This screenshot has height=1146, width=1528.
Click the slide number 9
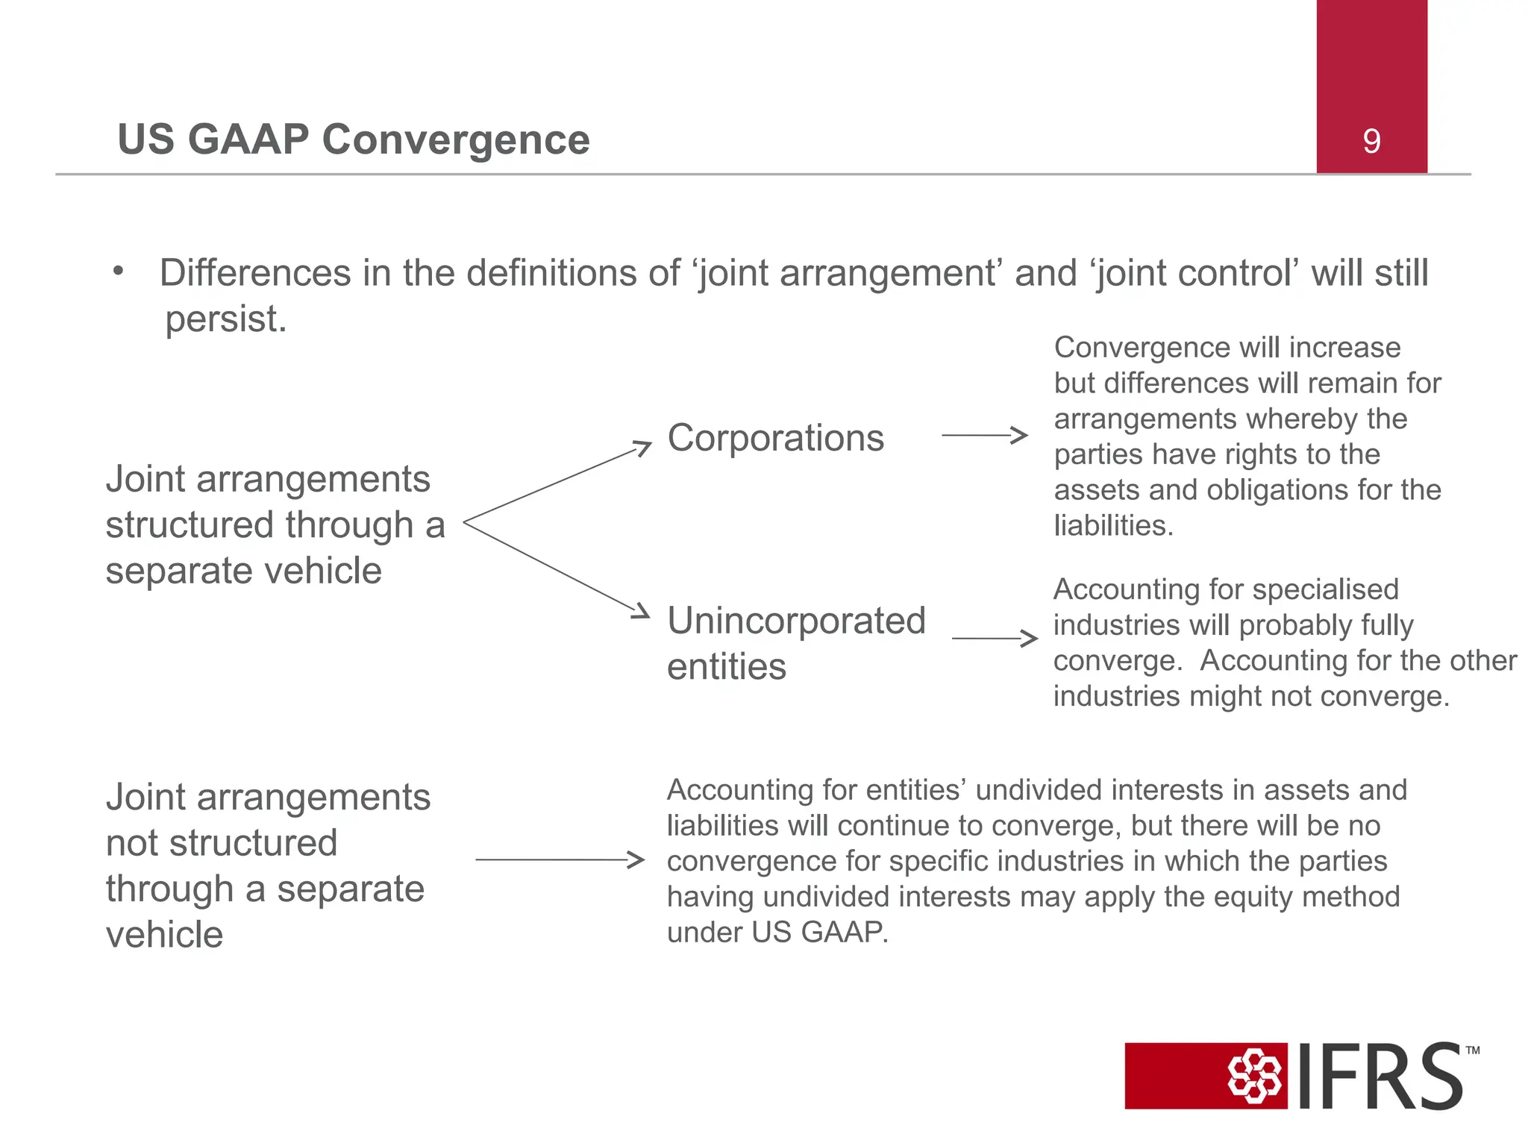(1371, 141)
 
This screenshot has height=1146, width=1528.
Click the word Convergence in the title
(455, 140)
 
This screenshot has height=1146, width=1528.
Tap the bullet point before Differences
(118, 272)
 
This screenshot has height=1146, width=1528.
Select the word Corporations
(775, 437)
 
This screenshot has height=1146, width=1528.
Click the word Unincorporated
(796, 621)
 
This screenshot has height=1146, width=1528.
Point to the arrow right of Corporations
(985, 435)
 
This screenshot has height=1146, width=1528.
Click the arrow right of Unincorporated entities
(995, 638)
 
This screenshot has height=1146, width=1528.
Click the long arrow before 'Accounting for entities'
(560, 859)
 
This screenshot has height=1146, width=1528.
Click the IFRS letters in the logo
(1380, 1077)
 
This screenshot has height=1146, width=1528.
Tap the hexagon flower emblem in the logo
(1255, 1076)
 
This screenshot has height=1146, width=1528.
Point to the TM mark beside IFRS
(1472, 1050)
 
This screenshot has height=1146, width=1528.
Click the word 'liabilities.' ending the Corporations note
(1113, 525)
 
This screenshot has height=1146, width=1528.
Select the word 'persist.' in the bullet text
(225, 319)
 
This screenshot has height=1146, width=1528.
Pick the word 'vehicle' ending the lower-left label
(164, 935)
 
